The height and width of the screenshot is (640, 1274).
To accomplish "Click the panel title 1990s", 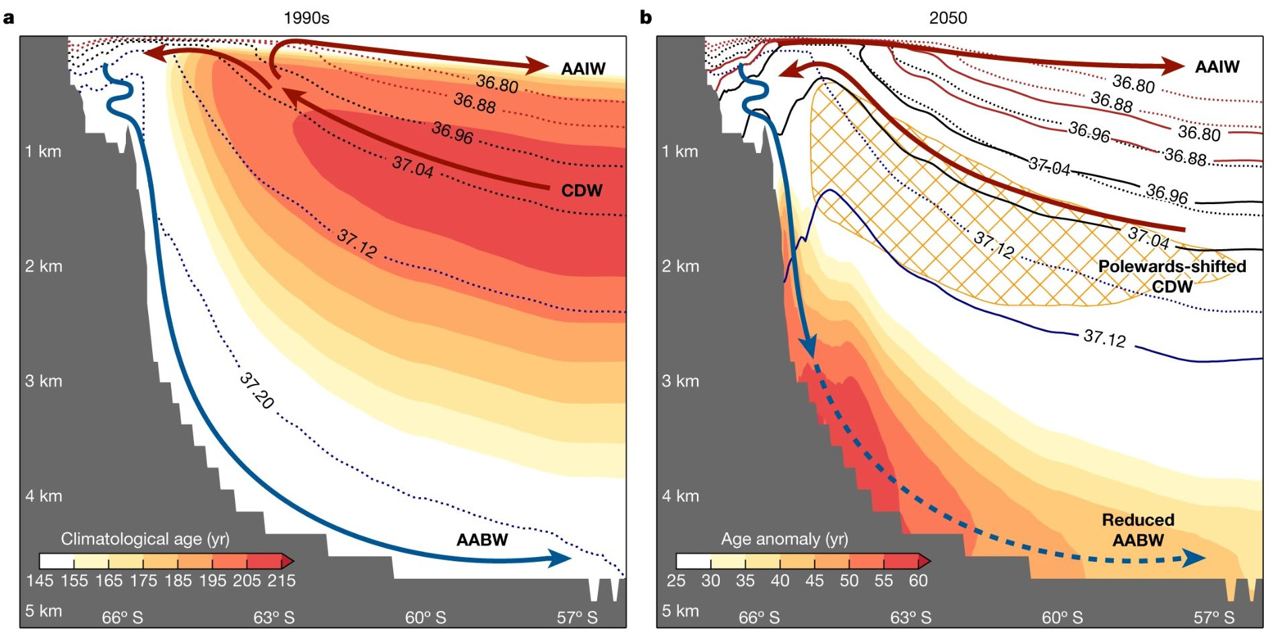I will pyautogui.click(x=306, y=18).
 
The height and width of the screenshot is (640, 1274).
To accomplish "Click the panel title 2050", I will pyautogui.click(x=947, y=18).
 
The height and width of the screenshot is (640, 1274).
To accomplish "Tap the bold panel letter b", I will pyautogui.click(x=646, y=18).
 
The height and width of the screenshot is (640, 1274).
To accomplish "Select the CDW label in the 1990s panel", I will pyautogui.click(x=582, y=191).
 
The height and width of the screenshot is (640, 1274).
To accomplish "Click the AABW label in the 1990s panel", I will pyautogui.click(x=482, y=540).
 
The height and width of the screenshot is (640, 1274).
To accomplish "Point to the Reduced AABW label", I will pyautogui.click(x=1138, y=530).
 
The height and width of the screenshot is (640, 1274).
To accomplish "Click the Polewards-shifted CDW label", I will pyautogui.click(x=1172, y=276).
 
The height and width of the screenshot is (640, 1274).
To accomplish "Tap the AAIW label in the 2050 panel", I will pyautogui.click(x=1217, y=67).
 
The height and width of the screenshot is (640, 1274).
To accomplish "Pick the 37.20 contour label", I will pyautogui.click(x=257, y=391).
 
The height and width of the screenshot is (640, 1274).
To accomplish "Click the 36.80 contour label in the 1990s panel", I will pyautogui.click(x=497, y=84).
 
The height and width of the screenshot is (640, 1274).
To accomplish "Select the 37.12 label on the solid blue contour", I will pyautogui.click(x=1104, y=338).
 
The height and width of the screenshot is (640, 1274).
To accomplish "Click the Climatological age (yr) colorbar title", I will pyautogui.click(x=145, y=539).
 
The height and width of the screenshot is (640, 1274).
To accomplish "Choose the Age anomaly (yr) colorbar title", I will pyautogui.click(x=784, y=539).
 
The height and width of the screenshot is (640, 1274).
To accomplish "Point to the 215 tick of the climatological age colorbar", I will pyautogui.click(x=281, y=581).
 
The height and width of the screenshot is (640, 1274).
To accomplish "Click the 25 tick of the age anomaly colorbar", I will pyautogui.click(x=676, y=581).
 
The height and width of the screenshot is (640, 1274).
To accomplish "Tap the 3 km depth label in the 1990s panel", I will pyautogui.click(x=43, y=381).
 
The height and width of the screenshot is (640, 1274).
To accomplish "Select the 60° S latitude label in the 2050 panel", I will pyautogui.click(x=1062, y=617).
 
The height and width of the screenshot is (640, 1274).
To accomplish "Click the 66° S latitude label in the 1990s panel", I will pyautogui.click(x=123, y=617).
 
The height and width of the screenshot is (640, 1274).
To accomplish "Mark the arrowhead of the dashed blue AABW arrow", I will pyautogui.click(x=1195, y=558).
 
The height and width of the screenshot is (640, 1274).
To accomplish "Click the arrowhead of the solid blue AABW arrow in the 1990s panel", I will pyautogui.click(x=560, y=558).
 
